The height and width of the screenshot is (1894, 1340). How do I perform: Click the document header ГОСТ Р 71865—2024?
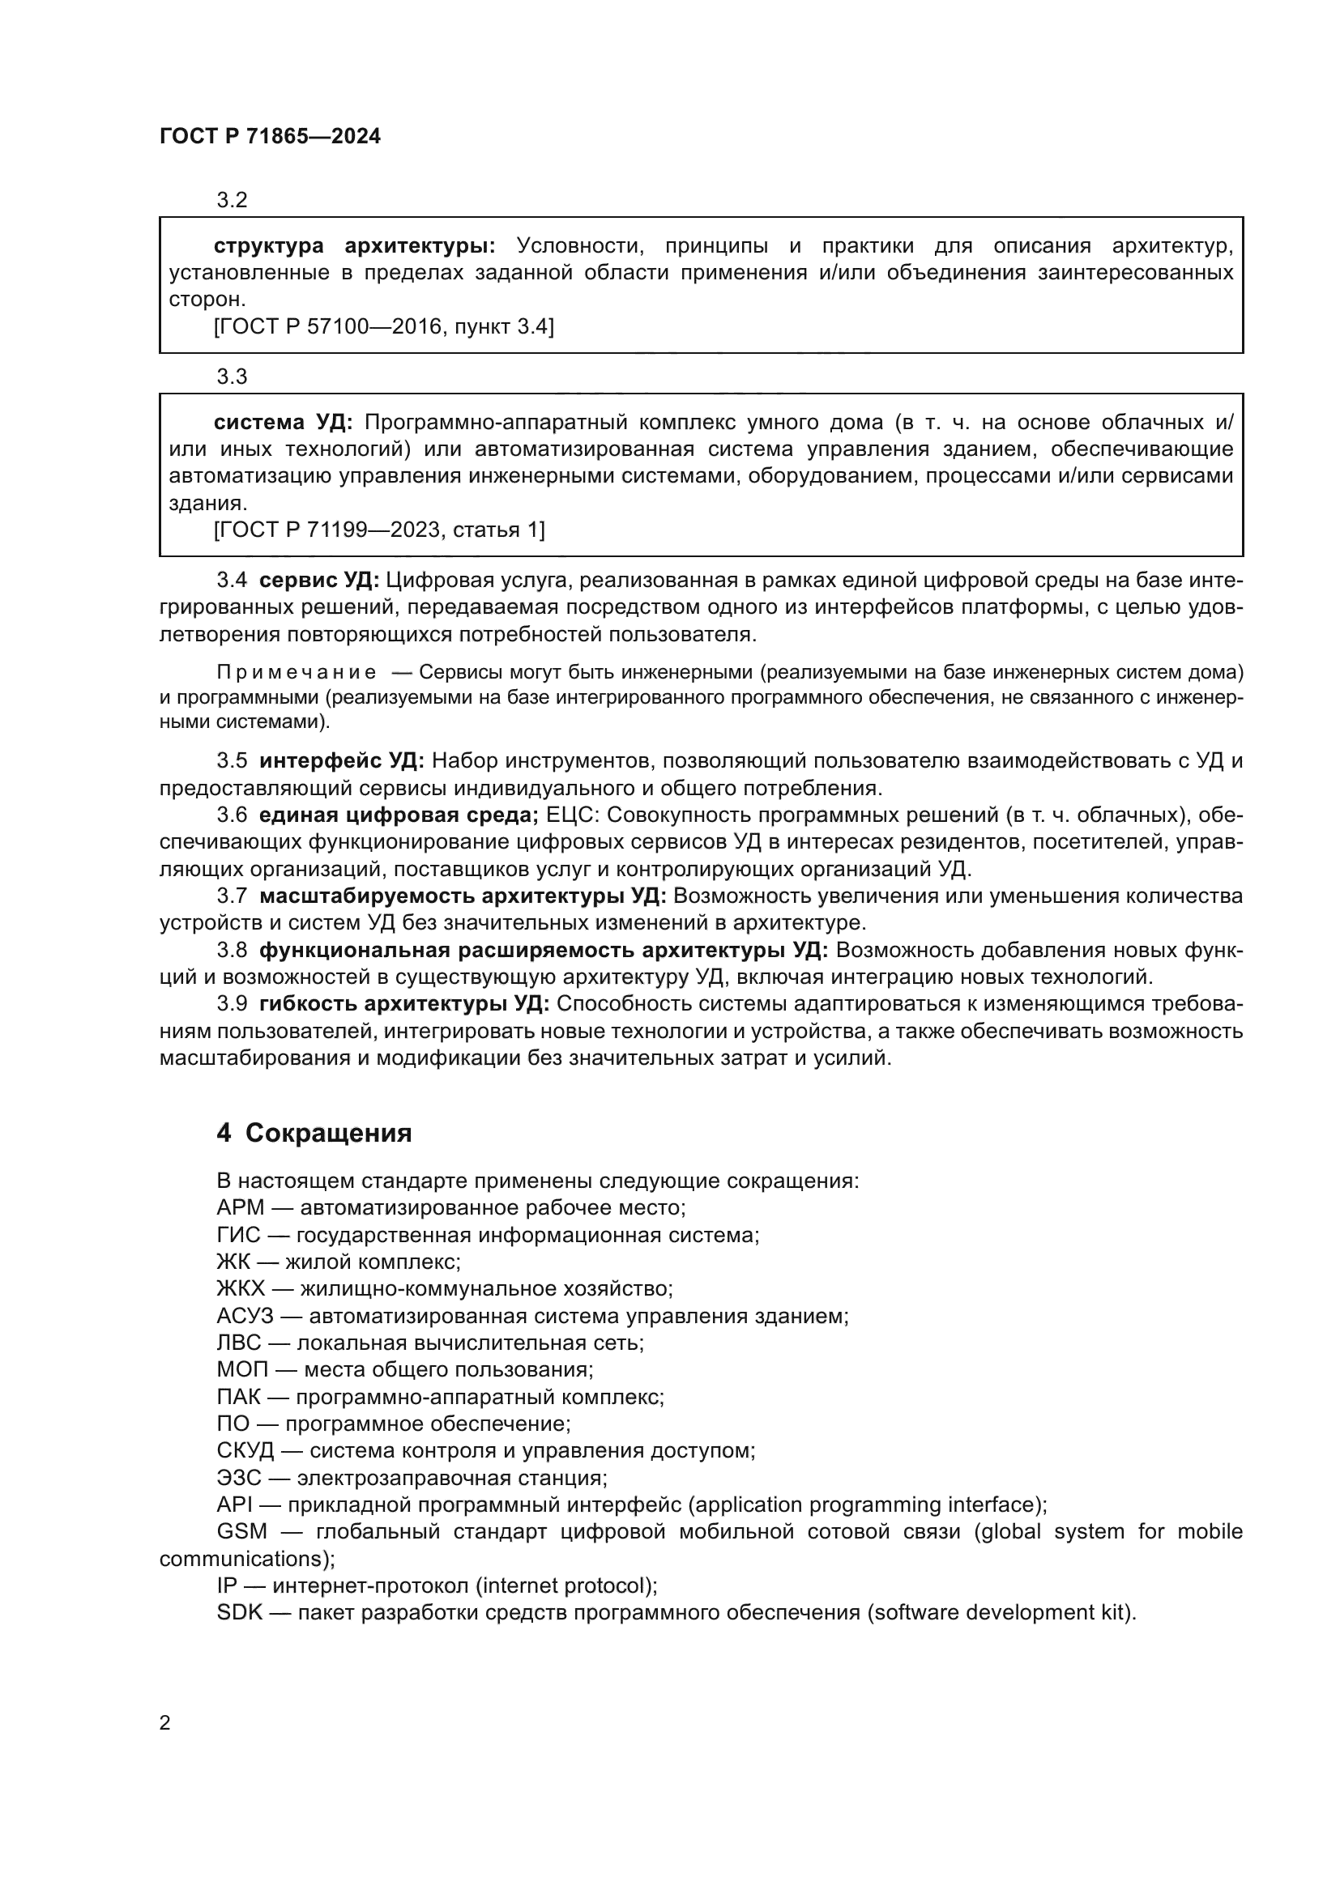tap(270, 137)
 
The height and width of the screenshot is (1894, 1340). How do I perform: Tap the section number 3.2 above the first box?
tap(232, 200)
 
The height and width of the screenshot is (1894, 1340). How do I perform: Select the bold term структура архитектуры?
tap(355, 246)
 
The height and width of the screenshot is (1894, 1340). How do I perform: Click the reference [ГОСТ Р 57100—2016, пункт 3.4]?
tap(384, 327)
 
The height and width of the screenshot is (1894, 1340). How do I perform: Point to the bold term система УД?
tap(283, 423)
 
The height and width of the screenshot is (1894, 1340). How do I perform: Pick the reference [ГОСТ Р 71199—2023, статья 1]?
tap(379, 530)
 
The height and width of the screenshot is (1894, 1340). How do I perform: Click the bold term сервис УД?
tap(319, 581)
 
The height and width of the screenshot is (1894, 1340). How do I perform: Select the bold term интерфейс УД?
tap(342, 760)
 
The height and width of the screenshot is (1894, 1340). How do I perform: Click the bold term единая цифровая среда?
tap(399, 815)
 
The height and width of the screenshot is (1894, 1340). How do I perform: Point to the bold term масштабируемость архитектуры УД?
tap(462, 896)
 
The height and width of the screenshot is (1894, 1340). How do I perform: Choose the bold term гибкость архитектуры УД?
tap(404, 1004)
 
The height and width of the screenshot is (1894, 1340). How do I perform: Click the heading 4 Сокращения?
tap(314, 1133)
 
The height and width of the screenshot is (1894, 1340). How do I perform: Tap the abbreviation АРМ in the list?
tap(240, 1207)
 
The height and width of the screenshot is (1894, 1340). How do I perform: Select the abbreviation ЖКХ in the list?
tap(241, 1288)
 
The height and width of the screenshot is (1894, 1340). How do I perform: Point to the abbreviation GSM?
tap(241, 1532)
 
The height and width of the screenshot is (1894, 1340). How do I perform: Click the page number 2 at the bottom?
tap(165, 1722)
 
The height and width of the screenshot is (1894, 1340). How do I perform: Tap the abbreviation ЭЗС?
tap(239, 1478)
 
